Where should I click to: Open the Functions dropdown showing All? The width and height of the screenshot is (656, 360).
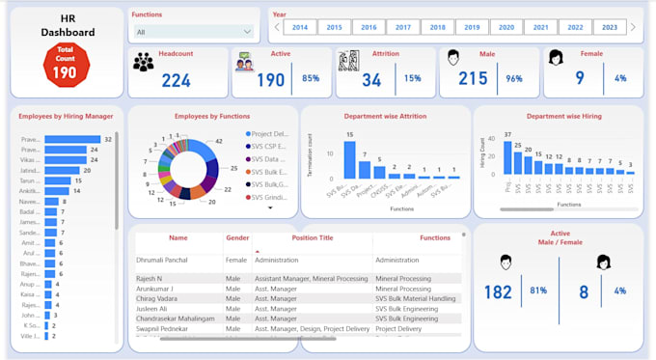(193, 32)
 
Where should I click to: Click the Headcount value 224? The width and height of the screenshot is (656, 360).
(176, 81)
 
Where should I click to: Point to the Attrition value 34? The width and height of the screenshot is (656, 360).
(371, 80)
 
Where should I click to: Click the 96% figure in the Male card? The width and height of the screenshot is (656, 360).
(513, 79)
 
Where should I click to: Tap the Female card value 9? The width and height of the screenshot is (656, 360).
(580, 79)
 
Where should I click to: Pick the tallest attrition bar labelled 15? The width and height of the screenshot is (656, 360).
(349, 160)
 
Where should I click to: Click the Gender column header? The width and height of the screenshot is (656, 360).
(237, 236)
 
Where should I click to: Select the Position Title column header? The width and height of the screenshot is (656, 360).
(312, 236)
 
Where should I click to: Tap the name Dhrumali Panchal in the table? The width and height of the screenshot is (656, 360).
(169, 260)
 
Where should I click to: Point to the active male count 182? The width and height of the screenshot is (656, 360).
(498, 291)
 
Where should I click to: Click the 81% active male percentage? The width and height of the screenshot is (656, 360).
(538, 291)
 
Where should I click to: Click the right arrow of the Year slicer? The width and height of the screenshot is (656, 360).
(633, 28)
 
